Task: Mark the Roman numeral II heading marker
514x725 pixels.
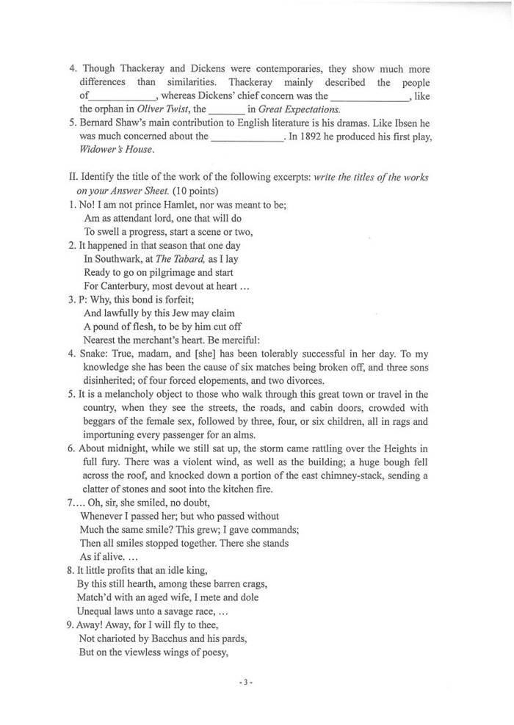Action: (x=71, y=178)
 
